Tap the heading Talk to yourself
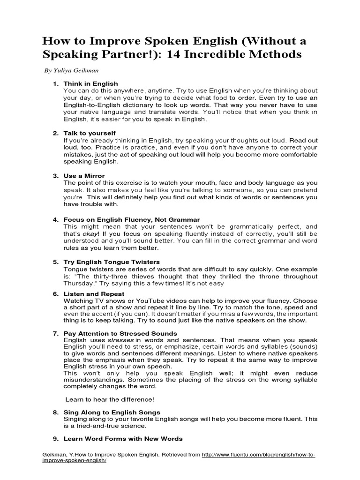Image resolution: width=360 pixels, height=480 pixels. [90, 133]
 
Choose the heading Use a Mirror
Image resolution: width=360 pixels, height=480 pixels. [84, 176]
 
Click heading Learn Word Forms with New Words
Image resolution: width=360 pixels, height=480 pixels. [123, 439]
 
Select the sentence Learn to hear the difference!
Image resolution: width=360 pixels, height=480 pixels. [110, 399]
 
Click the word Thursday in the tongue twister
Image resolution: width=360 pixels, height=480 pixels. [79, 283]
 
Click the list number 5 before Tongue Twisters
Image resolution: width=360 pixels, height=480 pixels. [55, 262]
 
